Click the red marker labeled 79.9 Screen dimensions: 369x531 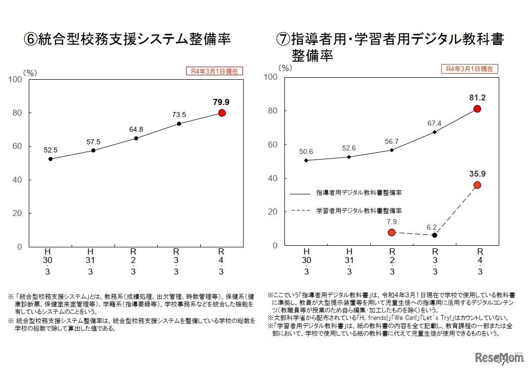point(222,113)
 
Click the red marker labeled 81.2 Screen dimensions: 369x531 point(477,109)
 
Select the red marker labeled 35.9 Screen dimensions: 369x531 point(477,185)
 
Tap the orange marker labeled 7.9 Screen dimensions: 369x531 point(391,232)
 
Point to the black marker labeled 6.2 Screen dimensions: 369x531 point(434,235)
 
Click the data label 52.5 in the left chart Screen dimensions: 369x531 point(50,149)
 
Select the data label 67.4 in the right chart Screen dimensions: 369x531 point(434,123)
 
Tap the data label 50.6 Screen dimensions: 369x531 point(306,151)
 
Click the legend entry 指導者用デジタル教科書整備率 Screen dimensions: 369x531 point(358,193)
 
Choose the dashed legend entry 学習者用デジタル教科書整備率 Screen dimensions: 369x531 point(358,210)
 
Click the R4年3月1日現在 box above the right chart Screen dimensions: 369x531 point(469,69)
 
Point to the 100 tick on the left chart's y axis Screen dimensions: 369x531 point(15,79)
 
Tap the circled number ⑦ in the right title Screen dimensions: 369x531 point(283,39)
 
